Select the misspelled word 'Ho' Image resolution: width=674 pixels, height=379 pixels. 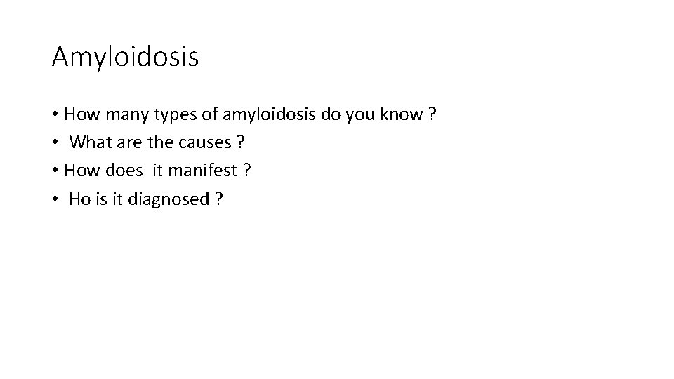tap(80, 200)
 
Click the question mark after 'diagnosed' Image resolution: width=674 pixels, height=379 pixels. tap(220, 200)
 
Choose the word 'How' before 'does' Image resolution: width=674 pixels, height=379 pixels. tap(79, 171)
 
